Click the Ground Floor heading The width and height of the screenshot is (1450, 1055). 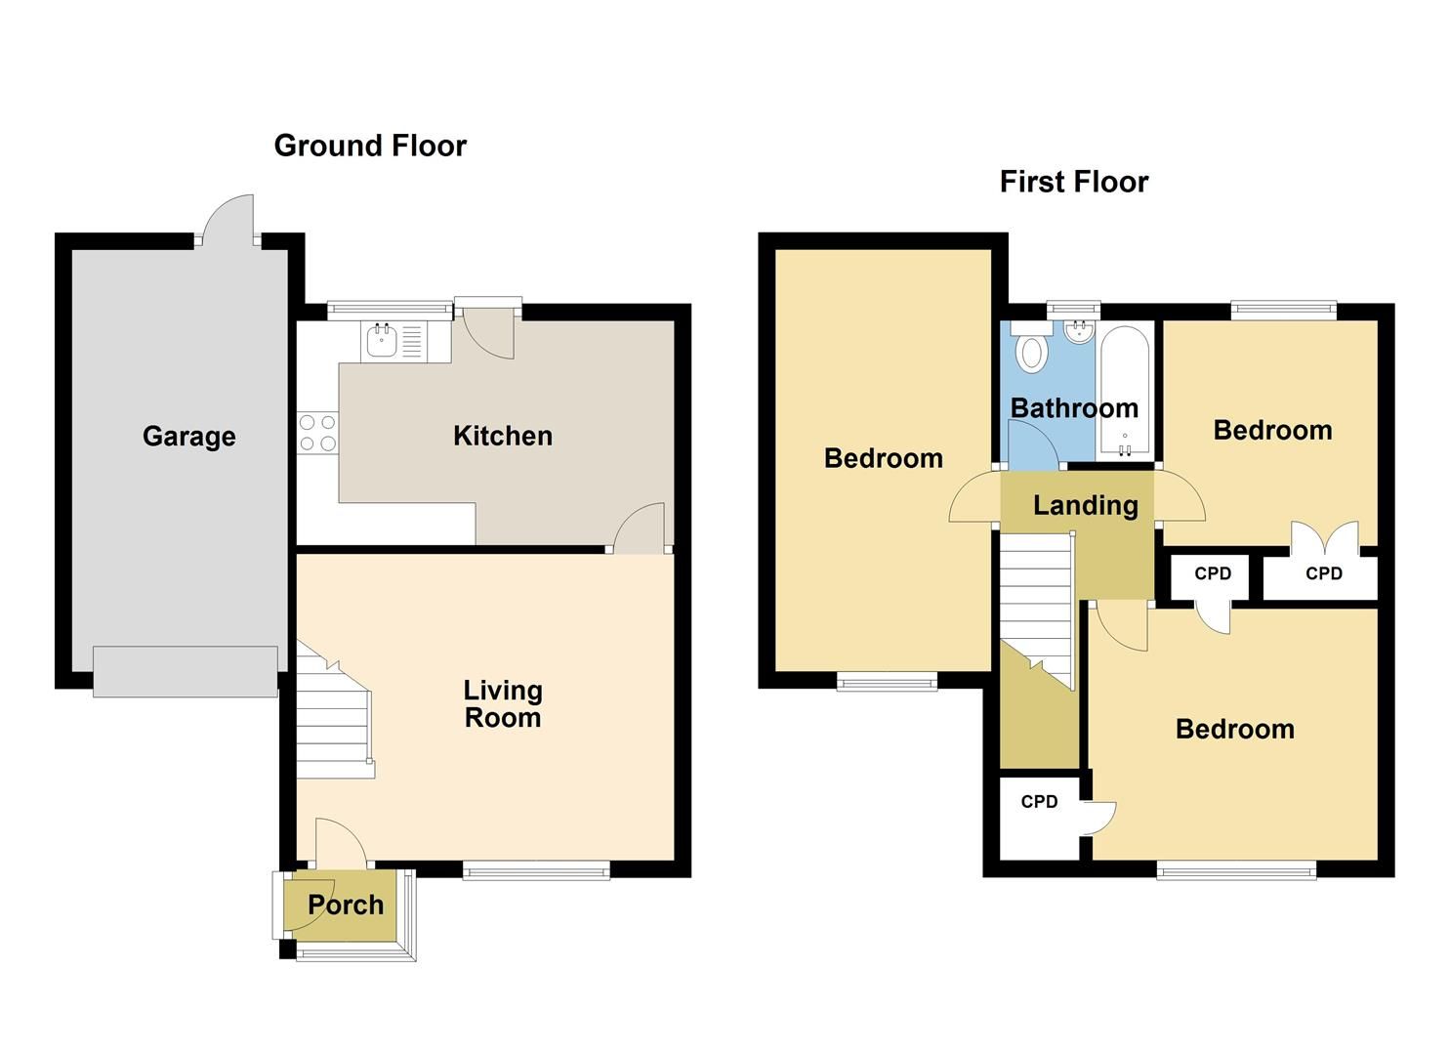pyautogui.click(x=370, y=146)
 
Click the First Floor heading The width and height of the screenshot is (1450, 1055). pyautogui.click(x=1073, y=182)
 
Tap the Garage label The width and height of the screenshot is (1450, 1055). pyautogui.click(x=188, y=436)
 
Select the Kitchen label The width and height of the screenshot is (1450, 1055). pyautogui.click(x=502, y=436)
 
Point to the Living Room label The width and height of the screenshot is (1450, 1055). pyautogui.click(x=502, y=703)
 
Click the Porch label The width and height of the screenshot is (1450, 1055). pyautogui.click(x=346, y=905)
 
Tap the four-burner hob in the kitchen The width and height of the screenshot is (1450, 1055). pyautogui.click(x=317, y=433)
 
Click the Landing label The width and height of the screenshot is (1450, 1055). pyautogui.click(x=1085, y=505)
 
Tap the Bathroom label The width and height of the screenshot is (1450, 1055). pyautogui.click(x=1073, y=407)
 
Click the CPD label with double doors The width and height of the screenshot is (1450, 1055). pyautogui.click(x=1323, y=573)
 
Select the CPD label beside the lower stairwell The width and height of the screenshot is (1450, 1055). pyautogui.click(x=1039, y=802)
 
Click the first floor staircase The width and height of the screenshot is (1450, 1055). pyautogui.click(x=1036, y=606)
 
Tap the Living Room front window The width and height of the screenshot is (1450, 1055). pyautogui.click(x=536, y=869)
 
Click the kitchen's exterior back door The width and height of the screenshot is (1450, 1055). pyautogui.click(x=488, y=328)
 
